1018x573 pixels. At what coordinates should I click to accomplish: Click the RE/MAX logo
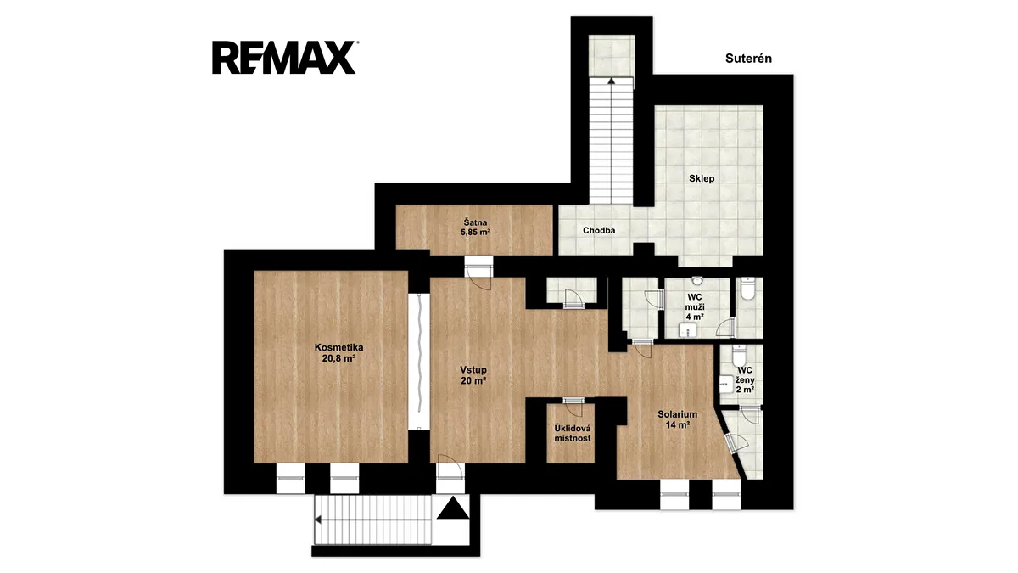click(284, 58)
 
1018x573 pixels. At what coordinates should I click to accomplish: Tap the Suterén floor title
click(748, 59)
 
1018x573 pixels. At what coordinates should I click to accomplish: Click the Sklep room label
click(702, 179)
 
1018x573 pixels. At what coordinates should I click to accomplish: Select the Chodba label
click(599, 231)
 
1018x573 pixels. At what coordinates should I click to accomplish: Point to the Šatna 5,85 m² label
click(475, 228)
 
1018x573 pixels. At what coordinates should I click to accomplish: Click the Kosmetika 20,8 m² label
click(339, 353)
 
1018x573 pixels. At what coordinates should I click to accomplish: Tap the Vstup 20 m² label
click(473, 375)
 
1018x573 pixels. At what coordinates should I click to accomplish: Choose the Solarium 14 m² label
click(678, 419)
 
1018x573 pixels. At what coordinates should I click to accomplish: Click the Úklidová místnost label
click(573, 434)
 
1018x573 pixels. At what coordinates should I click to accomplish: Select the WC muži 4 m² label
click(695, 307)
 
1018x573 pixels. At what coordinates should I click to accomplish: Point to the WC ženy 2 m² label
click(746, 379)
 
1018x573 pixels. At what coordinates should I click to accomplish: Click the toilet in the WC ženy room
click(739, 355)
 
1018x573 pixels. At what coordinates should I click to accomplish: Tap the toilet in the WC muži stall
click(747, 289)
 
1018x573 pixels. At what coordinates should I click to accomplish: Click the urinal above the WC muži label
click(697, 281)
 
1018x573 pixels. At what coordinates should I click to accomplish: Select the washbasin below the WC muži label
click(688, 329)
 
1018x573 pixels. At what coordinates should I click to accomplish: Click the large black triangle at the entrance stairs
click(453, 508)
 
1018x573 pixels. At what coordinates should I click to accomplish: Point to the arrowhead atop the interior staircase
click(612, 81)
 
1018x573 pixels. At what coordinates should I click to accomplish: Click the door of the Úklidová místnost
click(573, 407)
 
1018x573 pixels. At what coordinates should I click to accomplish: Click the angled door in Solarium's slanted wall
click(736, 442)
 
